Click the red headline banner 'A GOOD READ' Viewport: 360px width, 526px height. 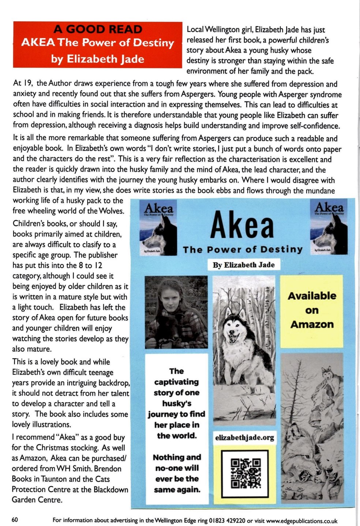[98, 29]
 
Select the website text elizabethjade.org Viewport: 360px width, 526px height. [244, 437]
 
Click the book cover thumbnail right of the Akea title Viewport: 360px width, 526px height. [329, 227]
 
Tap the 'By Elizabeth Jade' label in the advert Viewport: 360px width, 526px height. [244, 265]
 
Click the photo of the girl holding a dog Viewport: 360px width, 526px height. [176, 312]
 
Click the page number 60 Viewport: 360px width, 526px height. [15, 520]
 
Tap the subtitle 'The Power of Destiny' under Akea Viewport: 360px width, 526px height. [243, 250]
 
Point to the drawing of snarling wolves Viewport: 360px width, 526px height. [312, 428]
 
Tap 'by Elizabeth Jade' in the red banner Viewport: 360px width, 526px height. [98, 59]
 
